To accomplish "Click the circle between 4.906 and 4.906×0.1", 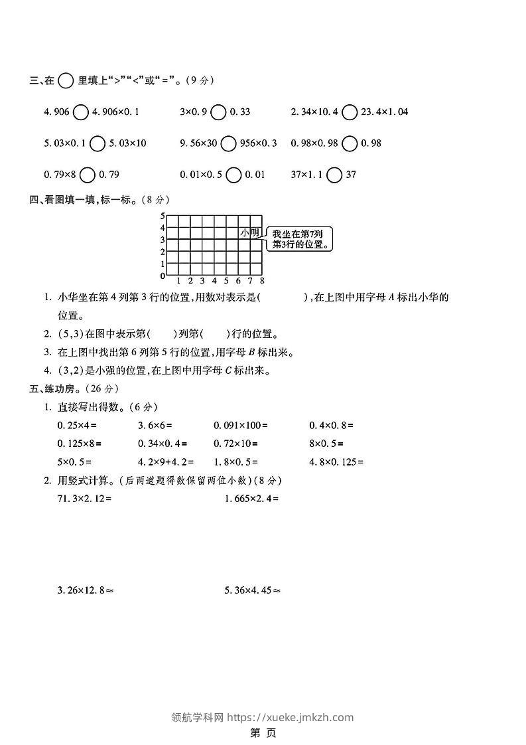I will click(80, 112).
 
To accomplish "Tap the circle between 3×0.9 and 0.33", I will click(218, 112).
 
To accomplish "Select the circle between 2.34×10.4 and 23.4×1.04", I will click(350, 112).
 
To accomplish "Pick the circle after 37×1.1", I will click(335, 175).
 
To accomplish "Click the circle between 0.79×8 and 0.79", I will click(88, 175).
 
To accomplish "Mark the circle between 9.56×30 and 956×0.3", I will click(228, 143).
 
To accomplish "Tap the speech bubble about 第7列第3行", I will click(299, 239).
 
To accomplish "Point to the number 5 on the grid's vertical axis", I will click(163, 216).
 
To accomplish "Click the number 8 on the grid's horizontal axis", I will click(262, 280).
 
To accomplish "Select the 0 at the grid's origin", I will click(163, 276).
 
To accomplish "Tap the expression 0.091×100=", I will click(241, 425).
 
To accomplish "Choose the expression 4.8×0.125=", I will click(337, 461).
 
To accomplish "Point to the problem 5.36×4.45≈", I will click(253, 589).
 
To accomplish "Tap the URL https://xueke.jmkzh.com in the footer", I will click(291, 717).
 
